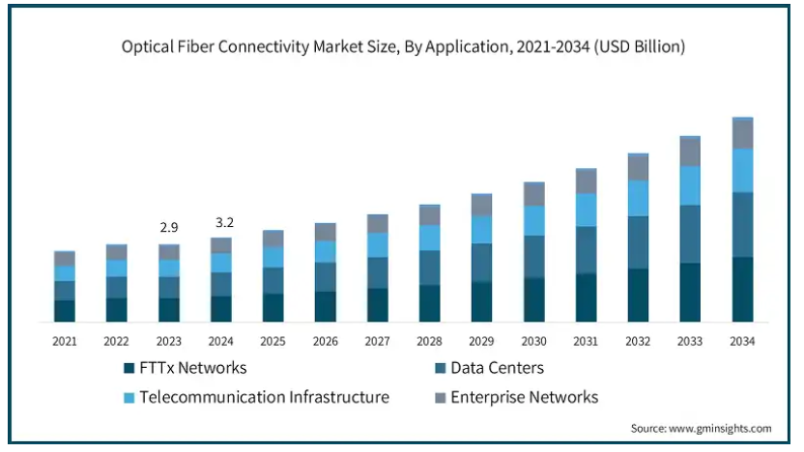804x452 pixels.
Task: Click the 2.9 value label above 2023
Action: click(x=168, y=227)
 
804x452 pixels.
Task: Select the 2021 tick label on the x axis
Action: click(x=64, y=341)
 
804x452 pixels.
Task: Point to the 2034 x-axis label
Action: click(x=742, y=341)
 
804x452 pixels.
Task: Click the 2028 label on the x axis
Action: click(x=429, y=341)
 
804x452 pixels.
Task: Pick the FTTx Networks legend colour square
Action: click(x=129, y=368)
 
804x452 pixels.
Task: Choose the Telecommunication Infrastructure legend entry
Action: click(x=264, y=397)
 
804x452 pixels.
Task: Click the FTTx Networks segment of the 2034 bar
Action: click(x=742, y=289)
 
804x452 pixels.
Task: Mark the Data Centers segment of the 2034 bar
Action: click(x=742, y=224)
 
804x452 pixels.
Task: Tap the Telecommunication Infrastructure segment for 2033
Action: click(x=690, y=185)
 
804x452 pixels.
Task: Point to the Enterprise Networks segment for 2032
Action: click(x=638, y=168)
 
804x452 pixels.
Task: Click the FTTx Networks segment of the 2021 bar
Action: click(x=64, y=310)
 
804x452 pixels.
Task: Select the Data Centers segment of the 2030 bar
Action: click(x=533, y=257)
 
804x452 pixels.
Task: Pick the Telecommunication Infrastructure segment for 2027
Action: click(x=377, y=245)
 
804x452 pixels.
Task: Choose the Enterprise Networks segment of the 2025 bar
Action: click(x=273, y=239)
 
